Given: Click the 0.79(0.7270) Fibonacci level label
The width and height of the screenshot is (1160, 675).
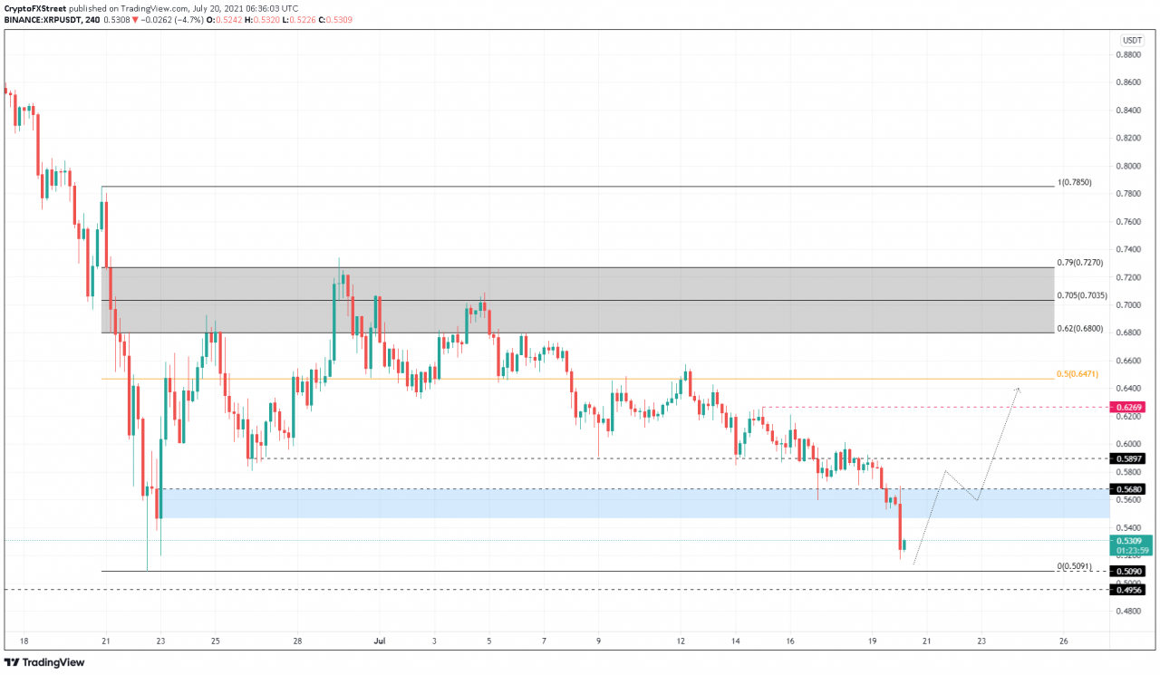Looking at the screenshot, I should click(1080, 263).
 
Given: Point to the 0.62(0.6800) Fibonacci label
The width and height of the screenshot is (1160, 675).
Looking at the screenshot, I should click(1080, 329).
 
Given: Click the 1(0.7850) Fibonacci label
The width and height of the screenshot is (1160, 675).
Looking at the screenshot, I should click(1075, 182).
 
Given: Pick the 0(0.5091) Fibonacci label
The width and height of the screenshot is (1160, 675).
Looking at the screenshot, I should click(1075, 566).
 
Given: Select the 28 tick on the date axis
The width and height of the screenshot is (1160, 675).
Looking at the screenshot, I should click(297, 641).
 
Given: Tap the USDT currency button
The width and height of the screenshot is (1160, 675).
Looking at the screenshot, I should click(1132, 40).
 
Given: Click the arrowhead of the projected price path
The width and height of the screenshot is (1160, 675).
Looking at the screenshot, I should click(1019, 390).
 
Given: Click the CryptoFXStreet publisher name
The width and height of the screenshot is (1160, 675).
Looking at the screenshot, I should click(35, 7).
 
